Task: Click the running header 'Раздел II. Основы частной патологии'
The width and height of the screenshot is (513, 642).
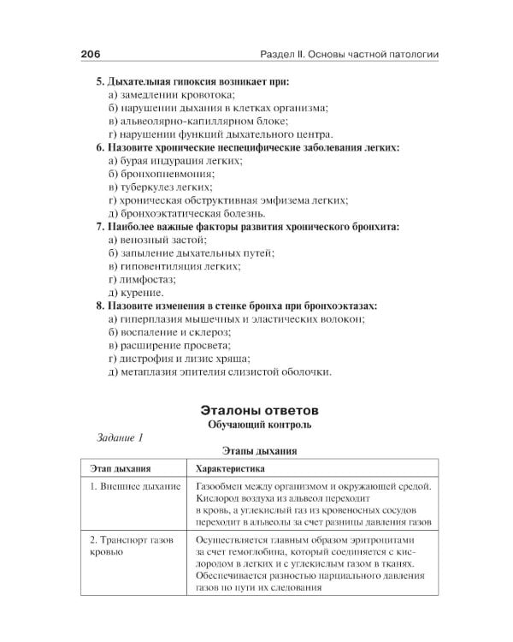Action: (x=349, y=54)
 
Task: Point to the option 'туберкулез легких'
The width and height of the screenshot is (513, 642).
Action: (x=161, y=187)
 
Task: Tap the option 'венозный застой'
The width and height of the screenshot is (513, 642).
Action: (x=157, y=240)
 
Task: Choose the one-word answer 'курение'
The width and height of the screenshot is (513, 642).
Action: (x=136, y=292)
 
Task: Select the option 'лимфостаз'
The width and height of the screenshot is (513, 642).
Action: (x=143, y=279)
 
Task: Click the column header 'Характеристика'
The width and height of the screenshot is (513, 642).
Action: (x=230, y=469)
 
